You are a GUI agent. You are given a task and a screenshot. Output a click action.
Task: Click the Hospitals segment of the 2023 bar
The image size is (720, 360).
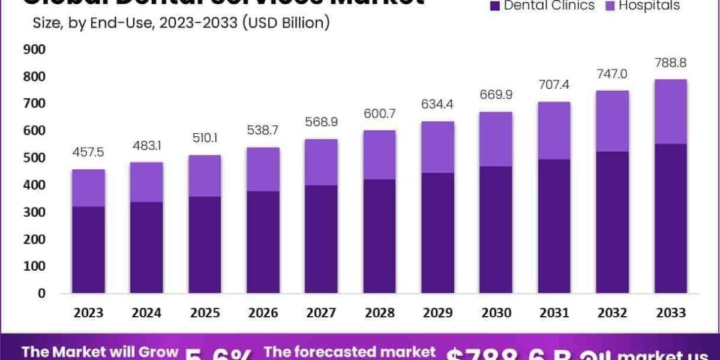[x=88, y=188]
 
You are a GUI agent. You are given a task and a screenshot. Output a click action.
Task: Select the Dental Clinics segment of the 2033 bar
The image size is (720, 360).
[x=670, y=218]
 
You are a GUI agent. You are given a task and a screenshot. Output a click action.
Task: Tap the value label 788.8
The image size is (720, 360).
[x=670, y=63]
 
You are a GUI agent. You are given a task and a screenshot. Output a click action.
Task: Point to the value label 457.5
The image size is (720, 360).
[x=88, y=152]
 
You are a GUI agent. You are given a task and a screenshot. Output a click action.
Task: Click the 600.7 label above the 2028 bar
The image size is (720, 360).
[x=379, y=113]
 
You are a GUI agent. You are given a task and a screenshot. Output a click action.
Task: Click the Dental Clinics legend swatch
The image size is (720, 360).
[x=495, y=6]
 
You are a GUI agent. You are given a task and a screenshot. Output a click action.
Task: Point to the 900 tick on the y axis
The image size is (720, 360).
[x=34, y=49]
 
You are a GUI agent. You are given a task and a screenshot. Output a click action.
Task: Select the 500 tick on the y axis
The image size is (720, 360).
[x=34, y=158]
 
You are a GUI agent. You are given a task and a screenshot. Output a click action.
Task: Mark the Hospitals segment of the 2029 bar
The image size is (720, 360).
[x=437, y=147]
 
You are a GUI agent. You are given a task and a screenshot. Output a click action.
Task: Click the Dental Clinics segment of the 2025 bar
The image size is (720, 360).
[x=205, y=245]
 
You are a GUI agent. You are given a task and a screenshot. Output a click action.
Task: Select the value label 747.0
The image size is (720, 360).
[x=612, y=74]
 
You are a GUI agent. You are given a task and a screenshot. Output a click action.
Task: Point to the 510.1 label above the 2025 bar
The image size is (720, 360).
[x=205, y=139]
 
